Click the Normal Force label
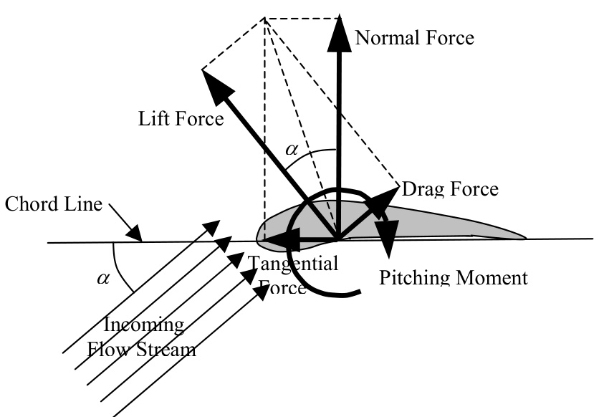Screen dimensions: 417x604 pos(414,38)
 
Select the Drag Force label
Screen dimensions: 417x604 pos(450,189)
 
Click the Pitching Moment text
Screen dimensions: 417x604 pos(454,277)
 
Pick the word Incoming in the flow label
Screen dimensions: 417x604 pos(144,325)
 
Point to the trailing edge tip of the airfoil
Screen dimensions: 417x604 pos(526,238)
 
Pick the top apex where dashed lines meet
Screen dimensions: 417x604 pos(265,18)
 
